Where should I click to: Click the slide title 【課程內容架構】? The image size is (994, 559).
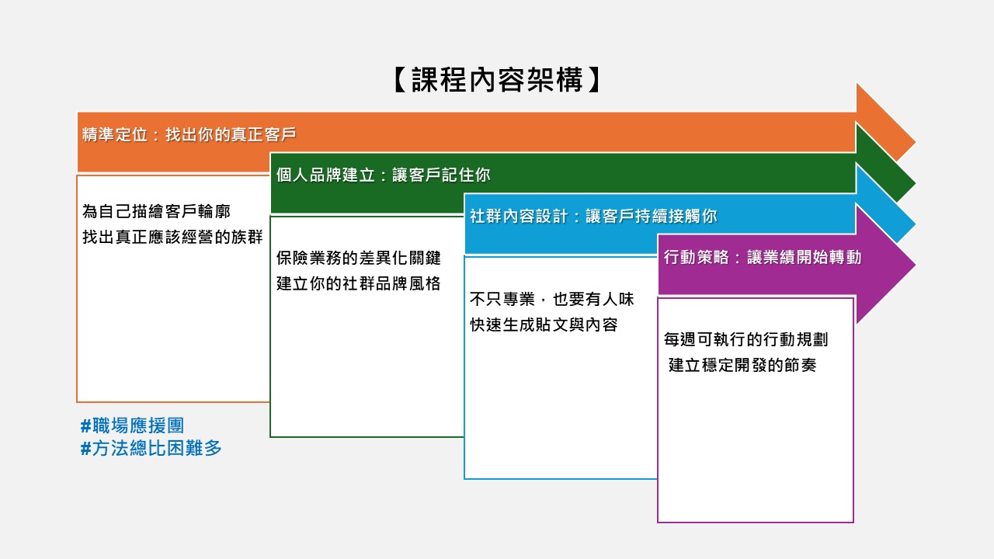pyautogui.click(x=497, y=80)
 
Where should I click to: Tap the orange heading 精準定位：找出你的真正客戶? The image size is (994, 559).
pyautogui.click(x=189, y=134)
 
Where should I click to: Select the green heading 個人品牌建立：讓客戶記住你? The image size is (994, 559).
pyautogui.click(x=383, y=175)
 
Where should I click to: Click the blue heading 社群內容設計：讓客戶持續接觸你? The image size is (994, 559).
pyautogui.click(x=593, y=216)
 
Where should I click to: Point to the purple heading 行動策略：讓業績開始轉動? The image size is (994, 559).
pyautogui.click(x=763, y=257)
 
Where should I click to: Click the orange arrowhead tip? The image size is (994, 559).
pyautogui.click(x=916, y=142)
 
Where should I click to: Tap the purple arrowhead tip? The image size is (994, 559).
pyautogui.click(x=916, y=265)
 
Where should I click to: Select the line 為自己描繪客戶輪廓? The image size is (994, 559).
pyautogui.click(x=156, y=211)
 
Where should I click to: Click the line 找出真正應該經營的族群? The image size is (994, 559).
pyautogui.click(x=172, y=237)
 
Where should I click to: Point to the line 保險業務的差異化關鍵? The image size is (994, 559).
pyautogui.click(x=359, y=258)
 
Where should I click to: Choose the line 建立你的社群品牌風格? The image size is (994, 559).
pyautogui.click(x=359, y=283)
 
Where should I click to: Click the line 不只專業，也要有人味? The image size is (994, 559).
pyautogui.click(x=552, y=299)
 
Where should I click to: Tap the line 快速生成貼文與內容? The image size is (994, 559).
pyautogui.click(x=544, y=325)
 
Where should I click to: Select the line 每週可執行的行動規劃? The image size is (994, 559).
pyautogui.click(x=746, y=339)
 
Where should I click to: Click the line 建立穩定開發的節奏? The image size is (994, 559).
pyautogui.click(x=742, y=365)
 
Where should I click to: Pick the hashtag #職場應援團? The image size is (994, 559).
pyautogui.click(x=132, y=425)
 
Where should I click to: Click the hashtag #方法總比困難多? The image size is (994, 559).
pyautogui.click(x=151, y=448)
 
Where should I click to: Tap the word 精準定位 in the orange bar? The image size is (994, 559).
pyautogui.click(x=114, y=134)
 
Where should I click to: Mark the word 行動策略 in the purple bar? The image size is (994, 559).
pyautogui.click(x=697, y=257)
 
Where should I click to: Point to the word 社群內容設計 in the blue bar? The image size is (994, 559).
pyautogui.click(x=519, y=216)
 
